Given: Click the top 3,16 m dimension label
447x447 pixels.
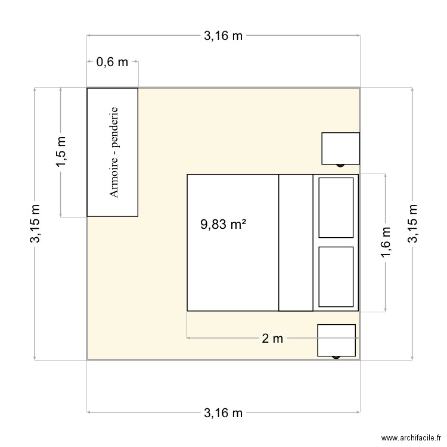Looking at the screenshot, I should click(x=223, y=36).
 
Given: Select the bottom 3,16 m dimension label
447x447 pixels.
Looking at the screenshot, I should click(x=223, y=412).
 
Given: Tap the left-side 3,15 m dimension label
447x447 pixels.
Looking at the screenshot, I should click(x=36, y=223).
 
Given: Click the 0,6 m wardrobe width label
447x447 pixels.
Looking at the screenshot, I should click(x=113, y=61).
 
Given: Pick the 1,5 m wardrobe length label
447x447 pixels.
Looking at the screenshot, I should click(x=61, y=152).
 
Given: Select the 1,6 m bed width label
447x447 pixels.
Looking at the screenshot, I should click(x=386, y=243).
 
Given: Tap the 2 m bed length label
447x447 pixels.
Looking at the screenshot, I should click(x=272, y=339).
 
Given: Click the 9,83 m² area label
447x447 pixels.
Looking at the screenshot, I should click(x=223, y=225).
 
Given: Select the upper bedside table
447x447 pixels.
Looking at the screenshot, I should click(x=340, y=148).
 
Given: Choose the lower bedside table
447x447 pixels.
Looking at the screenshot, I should click(x=336, y=340).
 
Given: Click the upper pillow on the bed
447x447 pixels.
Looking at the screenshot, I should click(x=336, y=207).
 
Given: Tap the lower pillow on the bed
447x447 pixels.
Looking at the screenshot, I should click(x=336, y=277).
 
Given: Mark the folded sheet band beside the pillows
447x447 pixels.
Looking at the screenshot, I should click(x=296, y=243).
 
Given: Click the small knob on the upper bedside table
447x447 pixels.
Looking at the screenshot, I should click(x=340, y=165).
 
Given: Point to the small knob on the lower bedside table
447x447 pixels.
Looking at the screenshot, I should click(x=336, y=357).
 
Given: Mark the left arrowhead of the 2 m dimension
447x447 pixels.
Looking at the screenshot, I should click(x=188, y=338).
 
